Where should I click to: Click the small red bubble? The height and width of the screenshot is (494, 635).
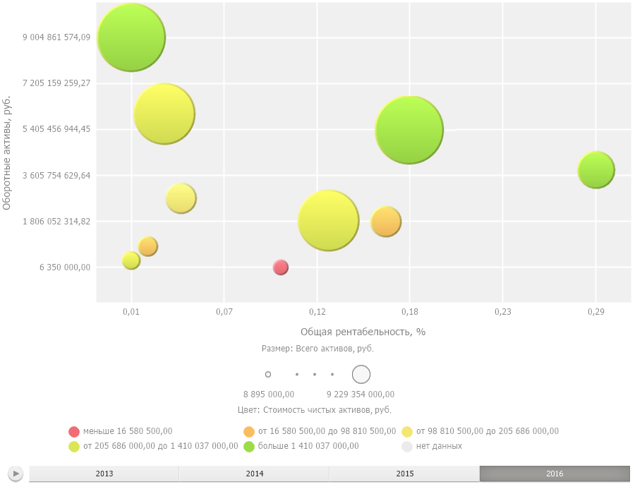[280, 267]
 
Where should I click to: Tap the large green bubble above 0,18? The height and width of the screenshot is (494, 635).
[409, 130]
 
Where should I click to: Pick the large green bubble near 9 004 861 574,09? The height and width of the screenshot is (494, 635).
[131, 37]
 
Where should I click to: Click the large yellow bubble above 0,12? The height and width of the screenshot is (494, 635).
[329, 221]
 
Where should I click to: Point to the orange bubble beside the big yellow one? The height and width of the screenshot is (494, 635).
[386, 222]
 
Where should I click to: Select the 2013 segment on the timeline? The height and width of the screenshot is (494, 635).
[104, 474]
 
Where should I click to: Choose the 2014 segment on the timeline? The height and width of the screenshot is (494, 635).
[255, 474]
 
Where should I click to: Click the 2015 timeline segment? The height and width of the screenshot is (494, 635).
[405, 474]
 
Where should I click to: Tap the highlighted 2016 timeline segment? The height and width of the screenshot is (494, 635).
[555, 474]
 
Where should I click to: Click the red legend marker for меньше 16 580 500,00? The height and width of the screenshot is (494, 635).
[74, 431]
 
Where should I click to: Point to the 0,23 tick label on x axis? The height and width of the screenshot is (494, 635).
[502, 311]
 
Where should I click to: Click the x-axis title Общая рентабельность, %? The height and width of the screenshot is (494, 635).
[363, 332]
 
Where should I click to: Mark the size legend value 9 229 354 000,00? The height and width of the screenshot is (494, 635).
[361, 394]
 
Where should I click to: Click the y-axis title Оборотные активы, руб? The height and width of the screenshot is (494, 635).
[7, 152]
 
